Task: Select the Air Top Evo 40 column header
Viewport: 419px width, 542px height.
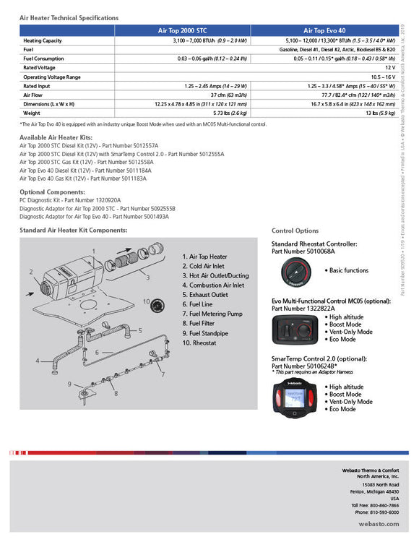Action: coord(320,31)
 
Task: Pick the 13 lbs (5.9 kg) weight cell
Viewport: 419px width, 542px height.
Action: coord(379,113)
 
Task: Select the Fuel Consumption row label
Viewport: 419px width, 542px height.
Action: coord(46,59)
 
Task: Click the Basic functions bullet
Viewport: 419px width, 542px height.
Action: coord(349,270)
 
